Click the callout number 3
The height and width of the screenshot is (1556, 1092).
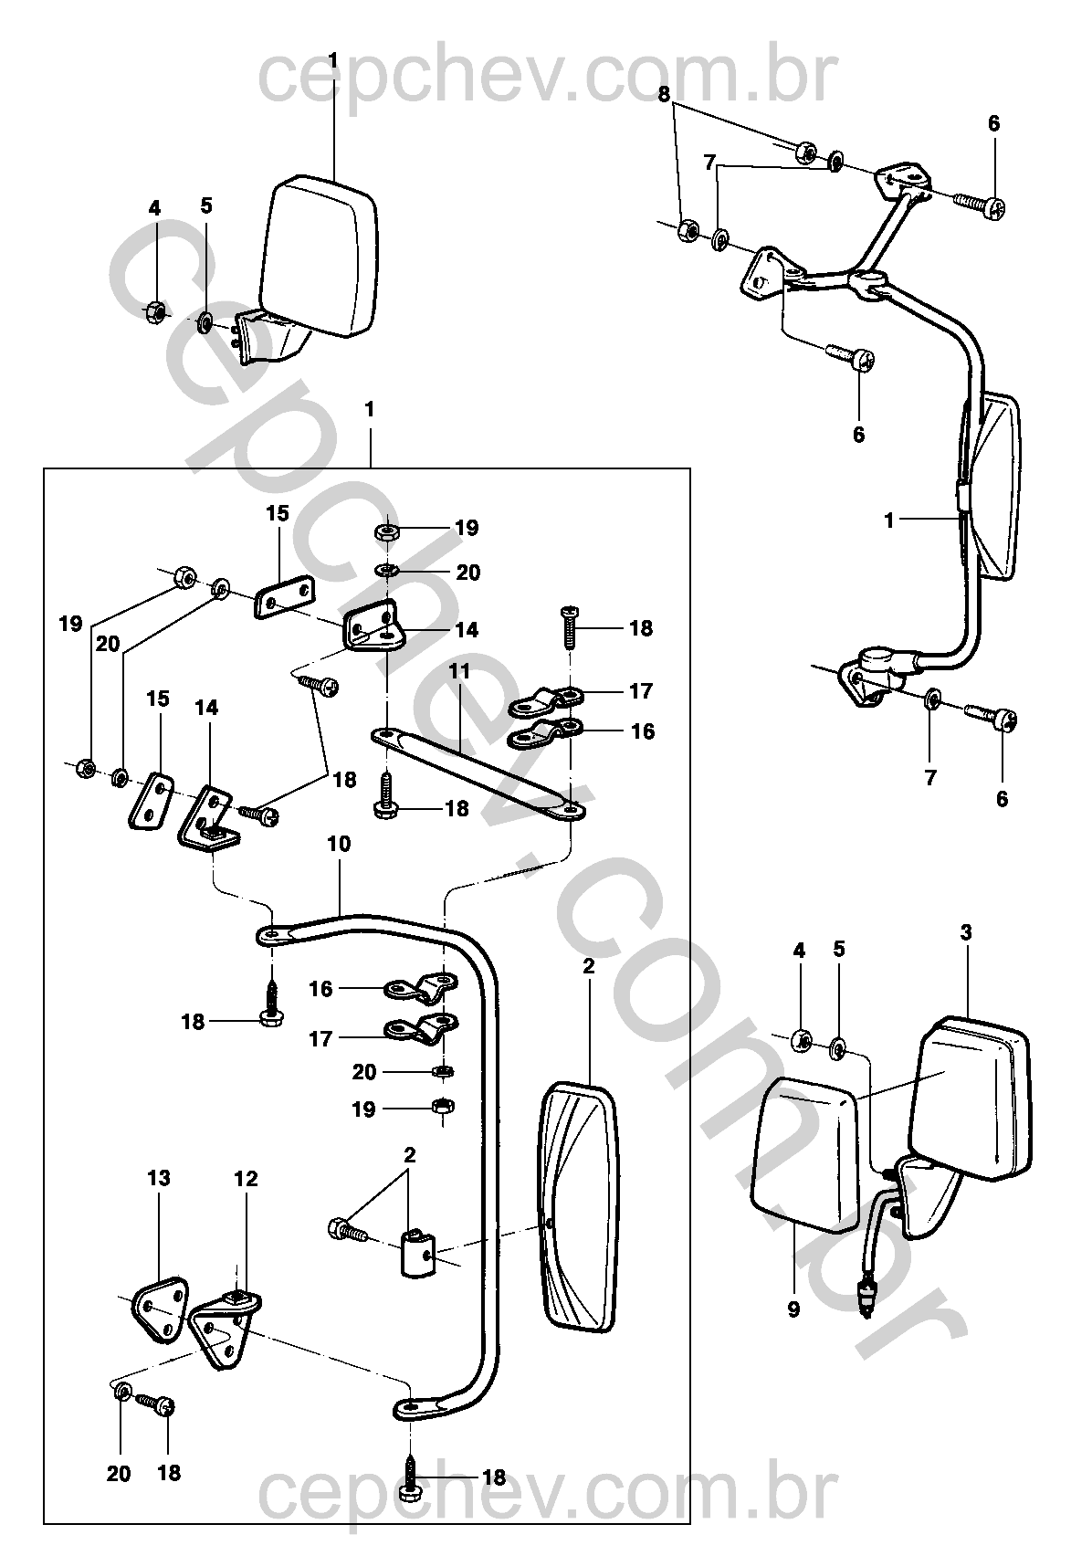[966, 933]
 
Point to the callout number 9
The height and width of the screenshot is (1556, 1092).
[793, 1309]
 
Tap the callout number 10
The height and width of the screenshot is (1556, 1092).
[338, 845]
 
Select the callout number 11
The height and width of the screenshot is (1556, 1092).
[459, 672]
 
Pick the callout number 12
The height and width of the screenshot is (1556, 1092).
[246, 1179]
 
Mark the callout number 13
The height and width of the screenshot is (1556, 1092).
[159, 1178]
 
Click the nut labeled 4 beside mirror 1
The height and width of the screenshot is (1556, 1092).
[154, 312]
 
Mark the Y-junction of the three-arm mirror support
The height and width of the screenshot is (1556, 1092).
[866, 278]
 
